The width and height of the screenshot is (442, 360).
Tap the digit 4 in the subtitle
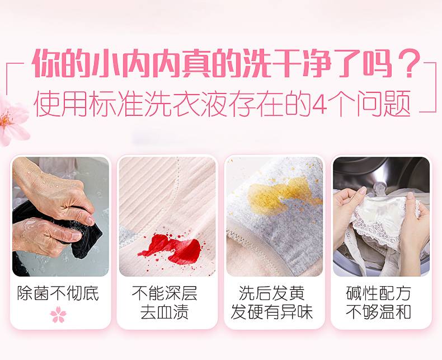320,104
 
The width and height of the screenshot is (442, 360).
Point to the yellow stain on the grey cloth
282,195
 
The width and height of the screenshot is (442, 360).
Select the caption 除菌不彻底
58,293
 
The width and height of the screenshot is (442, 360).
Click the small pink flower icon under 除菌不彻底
58,314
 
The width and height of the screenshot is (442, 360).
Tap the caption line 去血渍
164,312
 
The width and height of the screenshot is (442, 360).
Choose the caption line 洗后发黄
272,293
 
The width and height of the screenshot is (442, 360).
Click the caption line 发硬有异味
272,312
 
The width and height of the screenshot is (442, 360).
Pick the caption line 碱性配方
378,293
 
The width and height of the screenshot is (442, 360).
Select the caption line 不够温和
378,312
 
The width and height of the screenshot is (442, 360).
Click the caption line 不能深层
164,293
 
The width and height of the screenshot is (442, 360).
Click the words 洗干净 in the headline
285,63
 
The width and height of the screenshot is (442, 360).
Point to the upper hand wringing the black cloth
54,192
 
